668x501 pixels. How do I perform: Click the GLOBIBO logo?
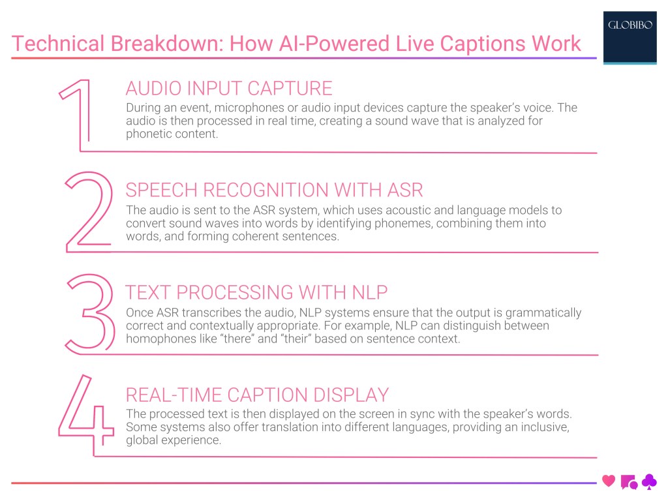click(x=629, y=27)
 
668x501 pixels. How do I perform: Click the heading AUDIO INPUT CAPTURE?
click(x=228, y=88)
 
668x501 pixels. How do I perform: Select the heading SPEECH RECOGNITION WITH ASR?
click(x=274, y=190)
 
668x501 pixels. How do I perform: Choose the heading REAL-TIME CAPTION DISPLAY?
click(x=257, y=395)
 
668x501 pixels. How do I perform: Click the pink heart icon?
click(x=609, y=481)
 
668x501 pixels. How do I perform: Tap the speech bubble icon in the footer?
click(x=629, y=482)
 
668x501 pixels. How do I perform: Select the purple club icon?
click(x=649, y=481)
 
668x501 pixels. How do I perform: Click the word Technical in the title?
click(x=57, y=44)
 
